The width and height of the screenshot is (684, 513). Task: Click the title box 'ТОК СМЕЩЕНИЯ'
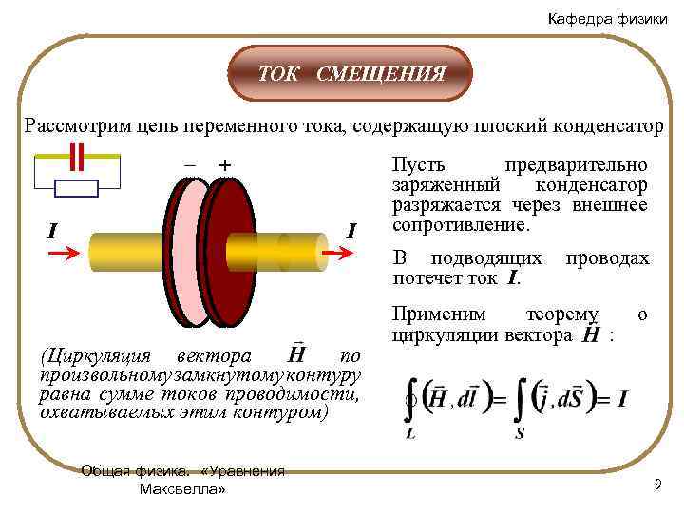pos(352,73)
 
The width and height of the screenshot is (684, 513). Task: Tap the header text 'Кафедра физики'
pos(607,20)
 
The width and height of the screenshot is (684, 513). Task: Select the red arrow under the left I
pos(65,256)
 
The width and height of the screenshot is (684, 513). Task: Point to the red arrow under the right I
pos(339,255)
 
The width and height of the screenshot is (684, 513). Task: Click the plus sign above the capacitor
pos(224,165)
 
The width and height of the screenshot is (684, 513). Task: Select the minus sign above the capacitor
pos(190,165)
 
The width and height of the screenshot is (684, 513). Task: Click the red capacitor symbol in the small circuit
pos(77,155)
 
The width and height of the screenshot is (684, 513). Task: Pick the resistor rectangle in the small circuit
pos(77,187)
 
